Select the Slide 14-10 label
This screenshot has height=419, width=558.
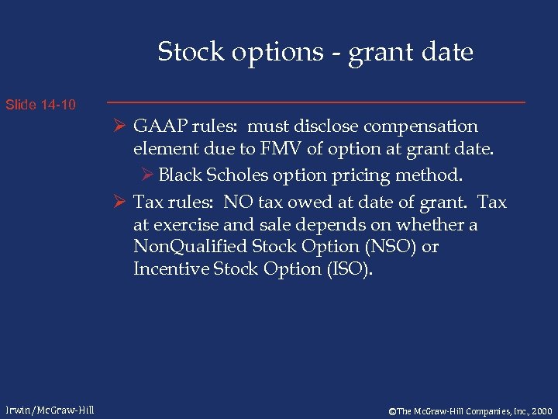[40, 104]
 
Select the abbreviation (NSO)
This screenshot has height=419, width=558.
[389, 247]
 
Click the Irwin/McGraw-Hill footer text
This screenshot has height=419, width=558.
[49, 410]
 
